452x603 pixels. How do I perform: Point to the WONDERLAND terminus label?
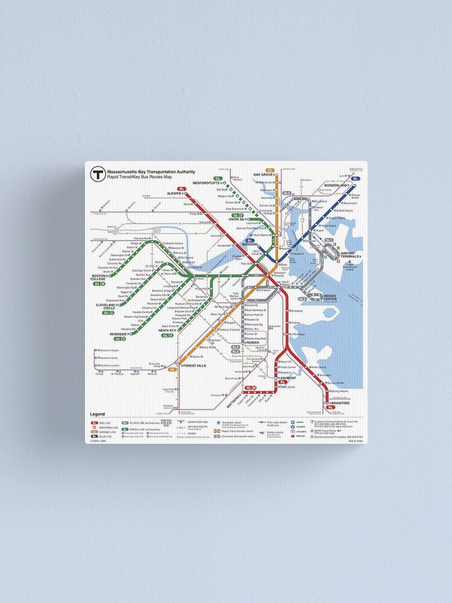[x=337, y=186]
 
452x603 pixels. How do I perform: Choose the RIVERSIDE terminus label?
[x=118, y=333]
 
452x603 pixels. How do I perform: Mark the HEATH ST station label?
[x=166, y=330]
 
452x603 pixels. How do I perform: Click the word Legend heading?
[x=98, y=414]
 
